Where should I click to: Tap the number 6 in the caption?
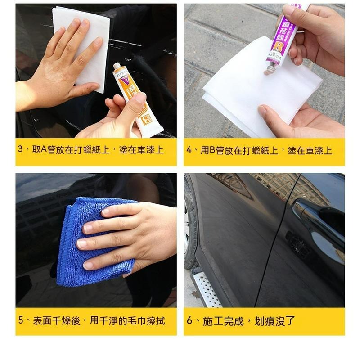click(189, 321)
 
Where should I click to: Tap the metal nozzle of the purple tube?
click(271, 68)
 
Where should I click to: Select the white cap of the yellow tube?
click(117, 67)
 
